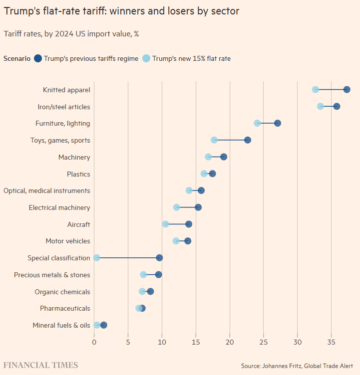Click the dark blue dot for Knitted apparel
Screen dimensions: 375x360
(x=347, y=90)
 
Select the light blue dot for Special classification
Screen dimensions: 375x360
(x=96, y=258)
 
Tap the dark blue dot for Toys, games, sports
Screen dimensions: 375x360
(x=247, y=140)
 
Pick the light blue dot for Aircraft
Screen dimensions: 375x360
(x=165, y=224)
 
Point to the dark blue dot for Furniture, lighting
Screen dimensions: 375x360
(x=278, y=123)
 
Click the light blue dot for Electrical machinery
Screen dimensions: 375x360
(x=176, y=207)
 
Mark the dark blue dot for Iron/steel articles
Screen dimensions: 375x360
(x=337, y=106)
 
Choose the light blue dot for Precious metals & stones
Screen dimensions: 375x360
(x=143, y=275)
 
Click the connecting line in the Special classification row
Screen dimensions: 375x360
(x=128, y=258)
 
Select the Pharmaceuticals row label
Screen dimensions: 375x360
(x=65, y=309)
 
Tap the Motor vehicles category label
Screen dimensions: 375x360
(x=68, y=241)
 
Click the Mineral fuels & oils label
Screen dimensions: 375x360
(x=61, y=326)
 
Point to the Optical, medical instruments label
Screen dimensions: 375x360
(x=47, y=191)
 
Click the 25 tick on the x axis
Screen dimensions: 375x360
(x=264, y=342)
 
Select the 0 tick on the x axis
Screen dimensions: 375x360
(x=94, y=342)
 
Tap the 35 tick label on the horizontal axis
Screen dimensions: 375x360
(x=331, y=342)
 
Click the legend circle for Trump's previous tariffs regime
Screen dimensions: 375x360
(x=38, y=58)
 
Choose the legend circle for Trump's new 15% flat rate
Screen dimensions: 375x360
(x=146, y=58)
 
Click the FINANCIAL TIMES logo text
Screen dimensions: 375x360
(x=41, y=366)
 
